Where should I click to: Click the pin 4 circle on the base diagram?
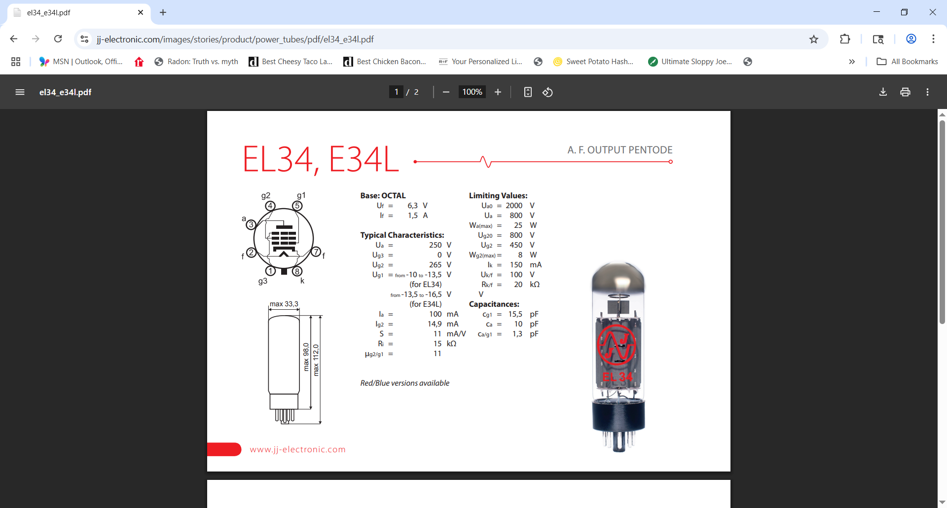270,206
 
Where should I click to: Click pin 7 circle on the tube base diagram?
316,252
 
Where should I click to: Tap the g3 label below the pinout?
263,281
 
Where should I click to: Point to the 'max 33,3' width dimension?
284,304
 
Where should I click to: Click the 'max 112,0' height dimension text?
316,360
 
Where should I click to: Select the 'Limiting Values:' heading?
498,196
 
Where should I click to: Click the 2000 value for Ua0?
514,206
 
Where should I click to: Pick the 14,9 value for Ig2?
435,324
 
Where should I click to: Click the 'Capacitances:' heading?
494,304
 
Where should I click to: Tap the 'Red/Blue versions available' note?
404,383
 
